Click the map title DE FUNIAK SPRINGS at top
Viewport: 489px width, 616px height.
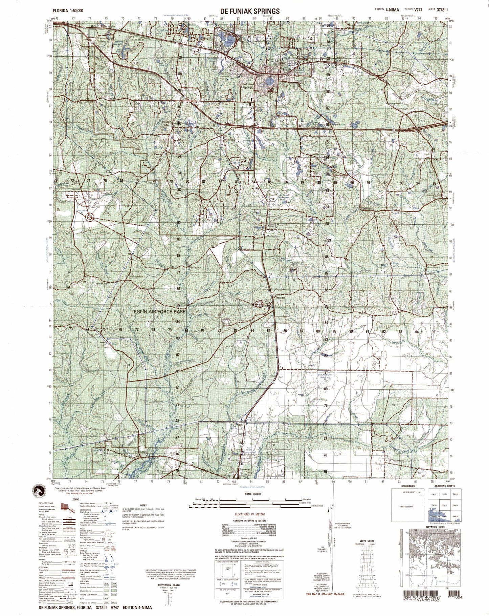[x=250, y=11]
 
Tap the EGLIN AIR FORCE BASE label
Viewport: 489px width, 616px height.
[x=160, y=311]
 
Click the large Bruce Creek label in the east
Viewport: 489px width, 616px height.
[x=390, y=264]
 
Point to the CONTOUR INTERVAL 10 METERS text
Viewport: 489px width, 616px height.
[x=249, y=520]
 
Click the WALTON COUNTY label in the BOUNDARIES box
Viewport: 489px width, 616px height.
[x=408, y=507]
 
